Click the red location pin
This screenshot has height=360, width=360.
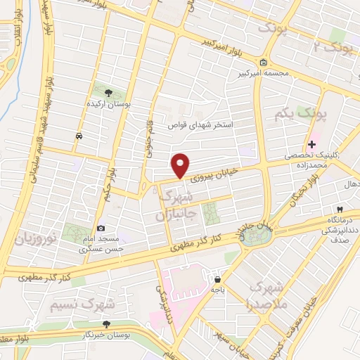point(181,165)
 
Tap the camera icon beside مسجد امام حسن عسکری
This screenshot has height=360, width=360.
point(101,228)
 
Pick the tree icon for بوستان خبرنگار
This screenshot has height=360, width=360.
point(105,324)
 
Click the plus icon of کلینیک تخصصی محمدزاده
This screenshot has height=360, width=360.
point(311,144)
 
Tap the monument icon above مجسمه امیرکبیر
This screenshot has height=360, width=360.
point(262,61)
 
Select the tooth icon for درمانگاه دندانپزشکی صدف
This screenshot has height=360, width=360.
point(340,210)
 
